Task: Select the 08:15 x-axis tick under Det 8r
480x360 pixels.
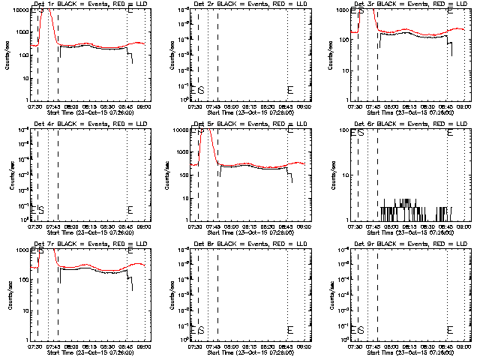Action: (x=249, y=344)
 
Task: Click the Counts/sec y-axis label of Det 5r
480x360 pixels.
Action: (x=166, y=174)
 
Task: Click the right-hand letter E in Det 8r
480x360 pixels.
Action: (x=290, y=330)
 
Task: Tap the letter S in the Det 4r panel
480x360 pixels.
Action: (x=40, y=210)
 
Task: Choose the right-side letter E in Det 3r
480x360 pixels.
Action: (x=450, y=11)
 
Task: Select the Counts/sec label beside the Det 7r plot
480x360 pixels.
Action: (x=5, y=294)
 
